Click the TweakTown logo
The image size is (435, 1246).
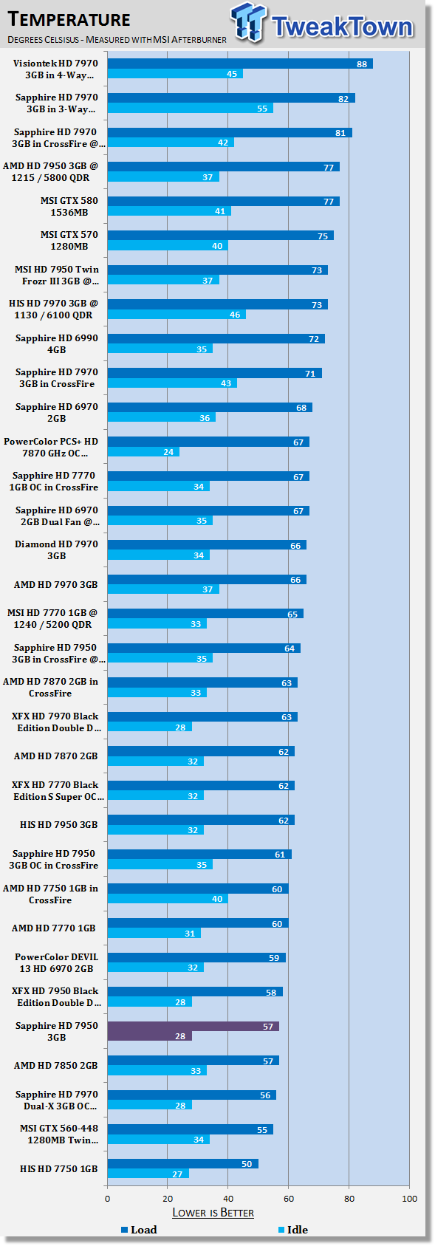tap(322, 24)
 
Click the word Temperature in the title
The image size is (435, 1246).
tap(69, 19)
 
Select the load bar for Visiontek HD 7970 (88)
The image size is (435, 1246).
tap(240, 64)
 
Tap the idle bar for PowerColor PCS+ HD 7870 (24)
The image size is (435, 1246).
tap(143, 452)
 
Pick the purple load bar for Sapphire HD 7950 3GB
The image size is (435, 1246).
tap(193, 1027)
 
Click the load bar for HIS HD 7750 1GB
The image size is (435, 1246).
tap(183, 1164)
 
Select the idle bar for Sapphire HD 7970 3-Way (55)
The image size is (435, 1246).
tap(191, 109)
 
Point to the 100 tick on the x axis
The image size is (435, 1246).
tap(409, 1199)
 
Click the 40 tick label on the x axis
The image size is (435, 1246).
tap(228, 1199)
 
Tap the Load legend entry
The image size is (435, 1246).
tap(139, 1230)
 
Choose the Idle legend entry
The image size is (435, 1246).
tap(293, 1230)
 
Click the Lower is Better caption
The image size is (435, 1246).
tap(213, 1213)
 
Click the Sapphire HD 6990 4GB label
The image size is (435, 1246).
tap(57, 343)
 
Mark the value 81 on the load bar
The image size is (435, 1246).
tap(340, 133)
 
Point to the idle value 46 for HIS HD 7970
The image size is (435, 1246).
tap(236, 315)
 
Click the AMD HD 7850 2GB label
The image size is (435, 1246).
tap(55, 1065)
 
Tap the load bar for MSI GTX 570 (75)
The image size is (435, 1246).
tap(221, 236)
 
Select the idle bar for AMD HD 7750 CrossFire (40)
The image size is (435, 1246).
tap(168, 899)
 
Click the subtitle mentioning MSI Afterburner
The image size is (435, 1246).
tap(117, 39)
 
